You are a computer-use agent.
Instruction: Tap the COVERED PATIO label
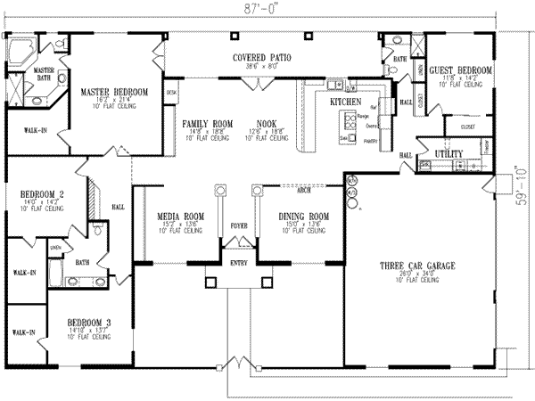[x=264, y=58]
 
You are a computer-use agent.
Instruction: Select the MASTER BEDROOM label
[x=111, y=91]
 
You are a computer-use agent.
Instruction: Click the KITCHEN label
[x=345, y=102]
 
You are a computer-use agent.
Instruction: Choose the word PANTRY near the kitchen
[x=372, y=141]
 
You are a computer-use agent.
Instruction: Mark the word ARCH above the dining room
[x=302, y=189]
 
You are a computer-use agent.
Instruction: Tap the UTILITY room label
[x=448, y=154]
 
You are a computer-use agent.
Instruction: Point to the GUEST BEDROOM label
[x=460, y=69]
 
